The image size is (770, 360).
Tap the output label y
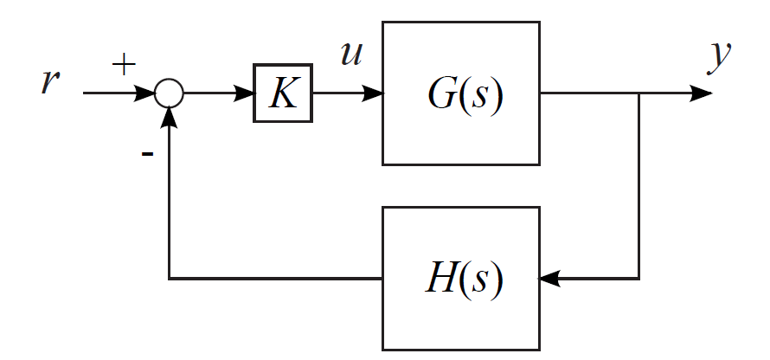[x=718, y=56]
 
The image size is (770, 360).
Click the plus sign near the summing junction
[x=124, y=66]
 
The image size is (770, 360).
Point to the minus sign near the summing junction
[x=147, y=153]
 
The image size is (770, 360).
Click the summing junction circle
[x=169, y=93]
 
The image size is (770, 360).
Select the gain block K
[x=283, y=93]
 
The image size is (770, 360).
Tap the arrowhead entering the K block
[x=243, y=93]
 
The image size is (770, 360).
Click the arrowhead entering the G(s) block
[x=373, y=93]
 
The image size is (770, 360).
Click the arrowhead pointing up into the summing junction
[x=169, y=116]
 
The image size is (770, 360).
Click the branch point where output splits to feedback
[x=638, y=93]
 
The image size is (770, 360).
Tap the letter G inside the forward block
[x=440, y=92]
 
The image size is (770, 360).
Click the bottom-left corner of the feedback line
[x=169, y=279]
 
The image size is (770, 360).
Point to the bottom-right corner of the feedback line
[x=638, y=279]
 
